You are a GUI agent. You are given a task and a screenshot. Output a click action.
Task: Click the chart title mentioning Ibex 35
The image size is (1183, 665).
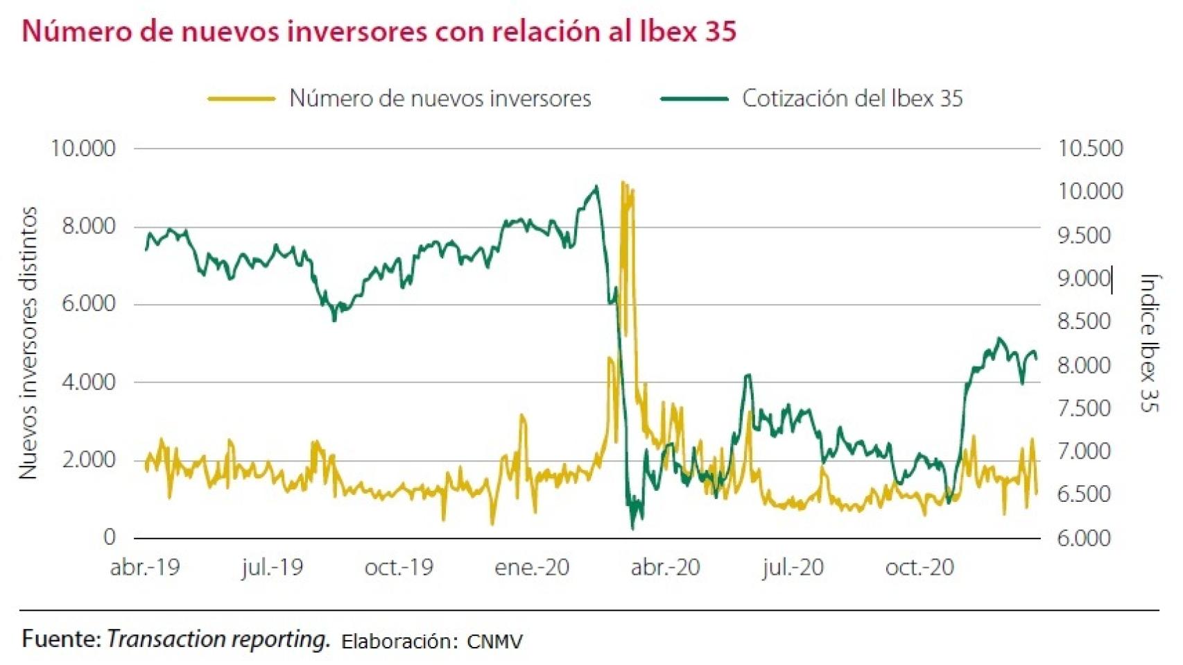pyautogui.click(x=379, y=31)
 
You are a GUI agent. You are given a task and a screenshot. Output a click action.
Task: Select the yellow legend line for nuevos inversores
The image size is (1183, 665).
pyautogui.click(x=241, y=99)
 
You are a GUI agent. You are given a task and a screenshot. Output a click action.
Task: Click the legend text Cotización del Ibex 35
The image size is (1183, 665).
pyautogui.click(x=852, y=99)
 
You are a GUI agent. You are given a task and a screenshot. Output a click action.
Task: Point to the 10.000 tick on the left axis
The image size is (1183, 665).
pyautogui.click(x=83, y=148)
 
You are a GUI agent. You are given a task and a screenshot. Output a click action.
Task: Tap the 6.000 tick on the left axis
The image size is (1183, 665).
pyautogui.click(x=88, y=303)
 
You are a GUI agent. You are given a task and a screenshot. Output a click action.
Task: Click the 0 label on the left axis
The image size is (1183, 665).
pyautogui.click(x=109, y=537)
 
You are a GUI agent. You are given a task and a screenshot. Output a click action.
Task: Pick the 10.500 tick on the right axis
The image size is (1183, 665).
pyautogui.click(x=1089, y=148)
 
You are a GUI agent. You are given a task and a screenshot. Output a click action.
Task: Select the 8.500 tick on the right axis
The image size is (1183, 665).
pyautogui.click(x=1083, y=321)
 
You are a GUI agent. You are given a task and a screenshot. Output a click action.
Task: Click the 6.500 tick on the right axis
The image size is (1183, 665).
pyautogui.click(x=1083, y=494)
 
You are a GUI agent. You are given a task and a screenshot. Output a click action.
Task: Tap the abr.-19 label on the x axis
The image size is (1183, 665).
pyautogui.click(x=144, y=567)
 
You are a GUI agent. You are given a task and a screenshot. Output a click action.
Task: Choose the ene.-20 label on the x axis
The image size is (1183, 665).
pyautogui.click(x=531, y=567)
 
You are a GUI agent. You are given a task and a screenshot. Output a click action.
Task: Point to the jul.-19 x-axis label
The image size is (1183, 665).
pyautogui.click(x=272, y=567)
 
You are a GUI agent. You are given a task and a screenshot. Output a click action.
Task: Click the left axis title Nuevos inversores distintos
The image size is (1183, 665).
pyautogui.click(x=28, y=343)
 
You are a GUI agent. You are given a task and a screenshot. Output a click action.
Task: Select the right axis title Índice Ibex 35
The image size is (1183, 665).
pyautogui.click(x=1149, y=343)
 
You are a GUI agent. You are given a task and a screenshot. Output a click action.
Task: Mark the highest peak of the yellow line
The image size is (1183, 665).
pyautogui.click(x=623, y=183)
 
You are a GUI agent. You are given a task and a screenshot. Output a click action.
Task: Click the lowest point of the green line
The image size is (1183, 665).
pyautogui.click(x=632, y=528)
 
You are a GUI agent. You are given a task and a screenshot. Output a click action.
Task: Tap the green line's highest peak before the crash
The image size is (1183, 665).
pyautogui.click(x=596, y=187)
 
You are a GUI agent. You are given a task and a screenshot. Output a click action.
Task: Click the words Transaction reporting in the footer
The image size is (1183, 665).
pyautogui.click(x=218, y=639)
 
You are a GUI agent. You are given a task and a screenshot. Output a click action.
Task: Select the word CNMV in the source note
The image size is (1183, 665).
pyautogui.click(x=494, y=641)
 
